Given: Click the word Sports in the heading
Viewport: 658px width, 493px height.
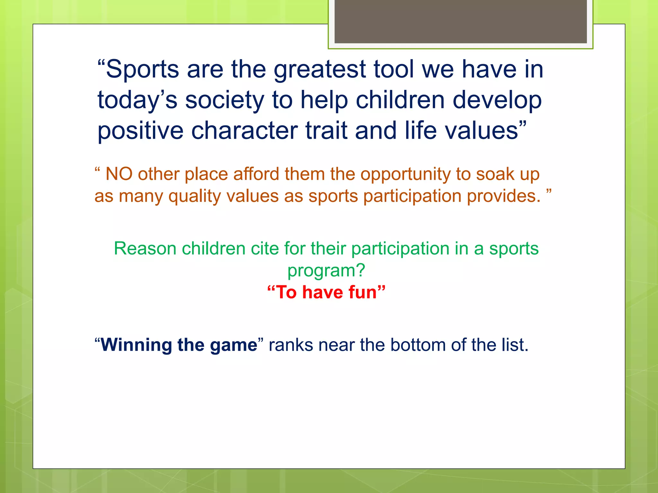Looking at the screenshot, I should (x=142, y=70).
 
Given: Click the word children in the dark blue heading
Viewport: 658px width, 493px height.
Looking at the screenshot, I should (x=400, y=100).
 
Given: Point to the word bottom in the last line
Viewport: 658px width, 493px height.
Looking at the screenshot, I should (x=418, y=345).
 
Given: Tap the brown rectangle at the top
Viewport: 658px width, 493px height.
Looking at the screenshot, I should (x=460, y=21).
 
